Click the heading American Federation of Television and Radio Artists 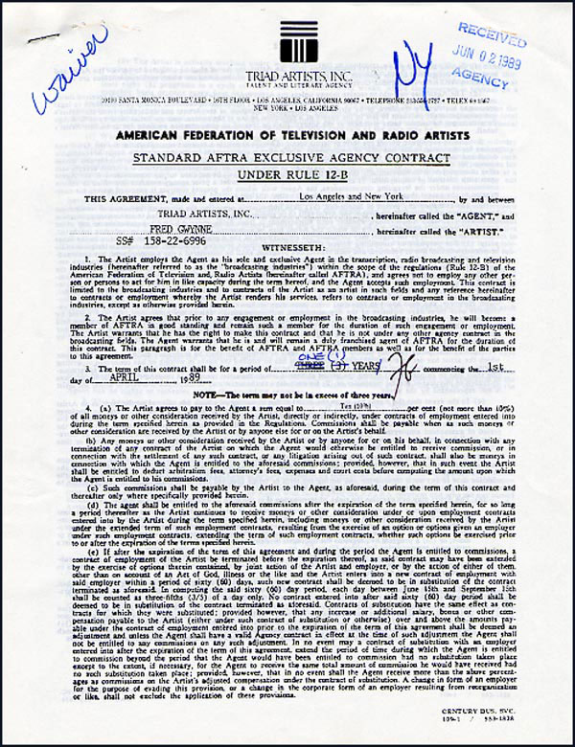point(287,135)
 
